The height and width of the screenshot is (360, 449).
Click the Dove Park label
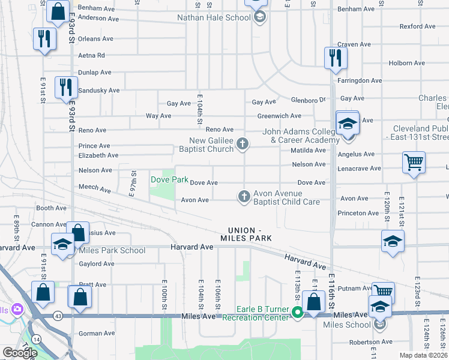click(x=169, y=179)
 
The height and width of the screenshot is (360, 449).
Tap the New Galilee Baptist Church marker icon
click(x=243, y=143)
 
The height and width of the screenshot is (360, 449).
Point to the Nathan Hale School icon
click(x=259, y=17)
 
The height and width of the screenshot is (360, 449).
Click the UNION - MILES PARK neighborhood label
click(x=250, y=234)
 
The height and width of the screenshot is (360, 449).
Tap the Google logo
click(x=20, y=353)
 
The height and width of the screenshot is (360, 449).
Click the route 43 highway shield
click(x=58, y=316)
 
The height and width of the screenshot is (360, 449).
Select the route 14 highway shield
click(x=37, y=340)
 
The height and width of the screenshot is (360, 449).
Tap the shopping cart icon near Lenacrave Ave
click(x=414, y=162)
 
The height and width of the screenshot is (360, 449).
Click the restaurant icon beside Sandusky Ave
click(x=65, y=87)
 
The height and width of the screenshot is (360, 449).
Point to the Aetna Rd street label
click(x=92, y=55)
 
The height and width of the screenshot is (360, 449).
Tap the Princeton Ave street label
click(x=359, y=213)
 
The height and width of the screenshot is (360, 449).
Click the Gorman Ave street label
click(x=97, y=333)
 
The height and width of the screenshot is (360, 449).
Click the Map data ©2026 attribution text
click(x=424, y=355)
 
